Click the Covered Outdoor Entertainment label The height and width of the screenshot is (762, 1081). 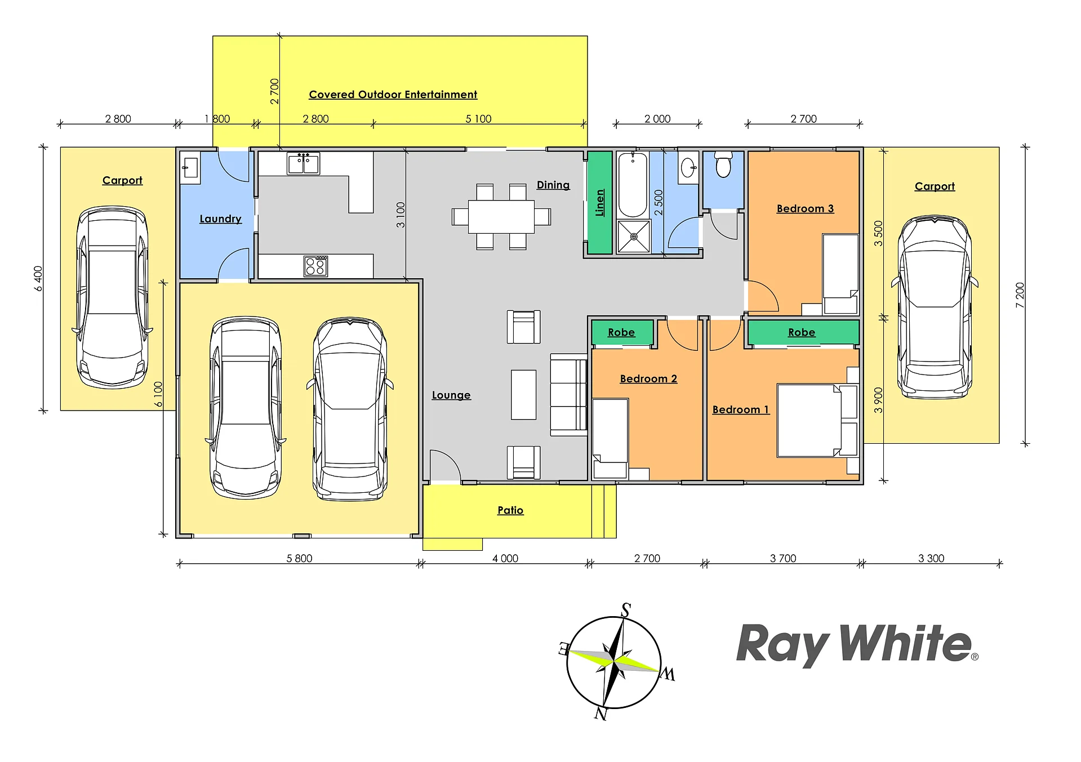click(393, 95)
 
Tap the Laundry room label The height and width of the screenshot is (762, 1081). click(220, 219)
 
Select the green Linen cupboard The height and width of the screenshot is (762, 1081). click(599, 203)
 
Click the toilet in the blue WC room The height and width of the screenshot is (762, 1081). click(723, 163)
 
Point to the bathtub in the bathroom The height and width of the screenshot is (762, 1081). click(633, 185)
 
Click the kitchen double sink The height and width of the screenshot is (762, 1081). click(303, 163)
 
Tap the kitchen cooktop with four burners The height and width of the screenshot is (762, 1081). click(315, 266)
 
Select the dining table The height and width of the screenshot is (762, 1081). click(501, 217)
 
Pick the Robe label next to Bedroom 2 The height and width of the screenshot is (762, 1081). click(621, 333)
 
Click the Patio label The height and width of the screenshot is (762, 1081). click(510, 510)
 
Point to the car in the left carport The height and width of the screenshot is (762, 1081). click(113, 297)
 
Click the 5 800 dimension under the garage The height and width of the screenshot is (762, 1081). click(299, 558)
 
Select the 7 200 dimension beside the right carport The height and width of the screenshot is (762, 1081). click(1020, 295)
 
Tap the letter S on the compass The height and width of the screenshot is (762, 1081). click(626, 610)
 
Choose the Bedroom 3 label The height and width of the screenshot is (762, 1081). click(805, 209)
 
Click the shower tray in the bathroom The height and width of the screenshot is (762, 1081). click(634, 237)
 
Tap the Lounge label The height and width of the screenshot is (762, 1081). click(451, 395)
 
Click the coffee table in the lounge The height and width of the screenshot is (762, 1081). click(523, 394)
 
